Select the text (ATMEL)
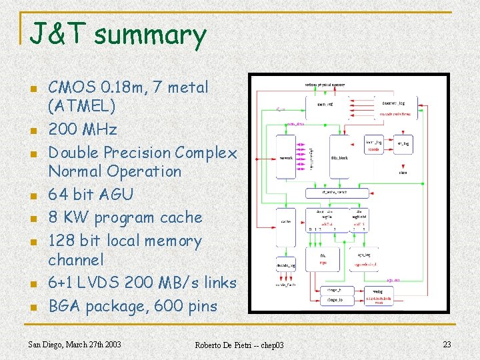point(81,105)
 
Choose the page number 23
point(447,344)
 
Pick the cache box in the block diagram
point(285,221)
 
